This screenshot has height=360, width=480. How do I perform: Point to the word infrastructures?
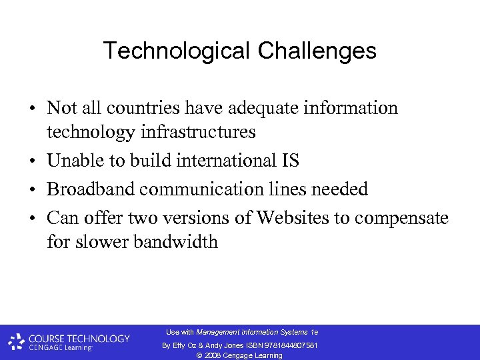pyautogui.click(x=199, y=132)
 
